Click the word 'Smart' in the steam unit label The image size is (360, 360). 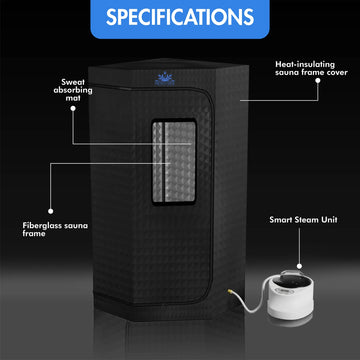tap(280, 218)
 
